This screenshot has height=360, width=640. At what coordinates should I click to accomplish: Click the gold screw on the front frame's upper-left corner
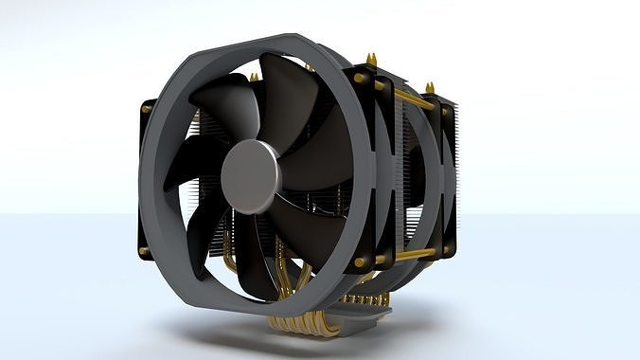[147, 109]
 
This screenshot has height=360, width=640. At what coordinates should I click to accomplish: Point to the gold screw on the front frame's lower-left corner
[144, 252]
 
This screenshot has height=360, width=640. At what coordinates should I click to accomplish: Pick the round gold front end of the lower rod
[361, 262]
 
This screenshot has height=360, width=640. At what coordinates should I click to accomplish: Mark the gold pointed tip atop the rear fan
[430, 88]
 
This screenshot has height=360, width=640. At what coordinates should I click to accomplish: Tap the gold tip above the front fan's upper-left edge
[254, 77]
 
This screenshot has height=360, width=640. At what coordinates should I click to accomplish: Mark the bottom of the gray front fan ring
[246, 308]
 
